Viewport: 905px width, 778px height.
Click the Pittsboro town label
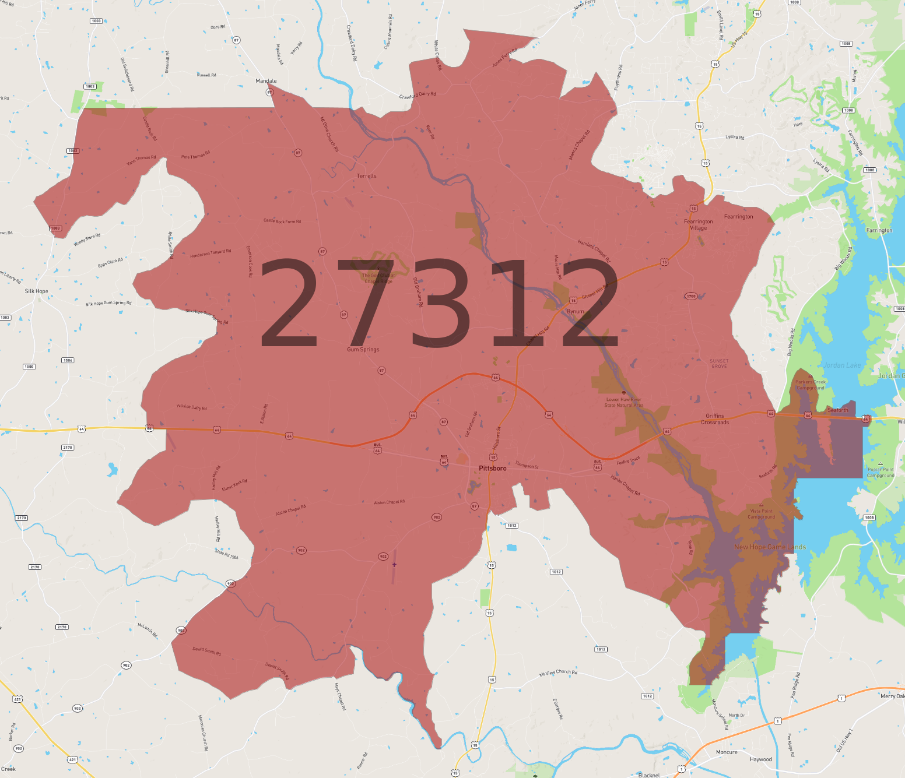(492, 469)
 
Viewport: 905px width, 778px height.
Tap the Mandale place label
(266, 81)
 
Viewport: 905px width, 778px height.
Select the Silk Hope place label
(36, 291)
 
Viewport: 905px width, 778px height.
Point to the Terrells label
(366, 176)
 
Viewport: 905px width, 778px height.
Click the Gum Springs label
(363, 350)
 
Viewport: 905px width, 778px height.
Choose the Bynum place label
(575, 312)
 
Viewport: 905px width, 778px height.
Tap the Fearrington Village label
(698, 225)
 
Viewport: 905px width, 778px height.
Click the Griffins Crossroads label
(715, 419)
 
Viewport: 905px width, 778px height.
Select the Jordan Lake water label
(842, 365)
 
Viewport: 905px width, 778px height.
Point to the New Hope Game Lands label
(770, 547)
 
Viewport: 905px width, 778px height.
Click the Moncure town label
(727, 752)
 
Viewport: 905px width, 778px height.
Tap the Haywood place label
(760, 759)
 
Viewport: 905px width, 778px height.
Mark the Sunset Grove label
(719, 364)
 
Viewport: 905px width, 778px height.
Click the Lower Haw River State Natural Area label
(624, 403)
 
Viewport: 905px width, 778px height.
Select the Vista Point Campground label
(761, 514)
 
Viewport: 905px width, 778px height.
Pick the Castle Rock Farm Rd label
(282, 221)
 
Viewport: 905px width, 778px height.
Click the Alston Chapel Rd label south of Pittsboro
(389, 502)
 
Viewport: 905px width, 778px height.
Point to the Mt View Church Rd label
(558, 673)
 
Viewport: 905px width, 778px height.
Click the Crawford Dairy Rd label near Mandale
(418, 95)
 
